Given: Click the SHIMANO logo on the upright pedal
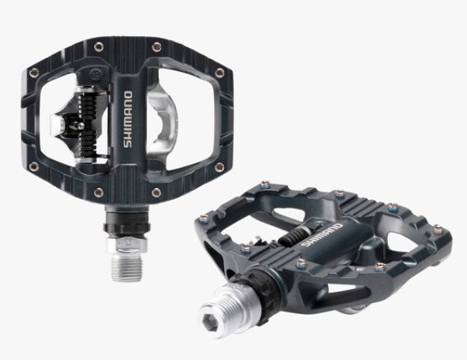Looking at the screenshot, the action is click(128, 119).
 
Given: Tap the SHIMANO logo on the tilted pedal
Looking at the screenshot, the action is click(322, 235).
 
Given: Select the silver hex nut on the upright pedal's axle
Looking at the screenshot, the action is click(127, 244).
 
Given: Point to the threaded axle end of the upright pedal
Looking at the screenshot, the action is click(127, 266).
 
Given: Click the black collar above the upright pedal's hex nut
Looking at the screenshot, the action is click(127, 226).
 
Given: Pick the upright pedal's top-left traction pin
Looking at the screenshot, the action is click(99, 46).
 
